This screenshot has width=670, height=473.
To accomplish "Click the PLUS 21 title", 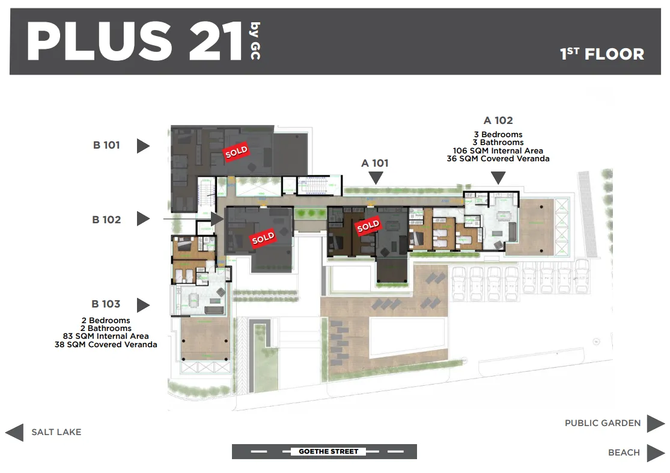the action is (x=135, y=41).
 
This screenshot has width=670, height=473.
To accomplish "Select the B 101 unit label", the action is (x=106, y=145).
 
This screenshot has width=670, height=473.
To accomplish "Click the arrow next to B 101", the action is (x=143, y=146).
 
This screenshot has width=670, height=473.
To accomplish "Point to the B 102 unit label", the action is (x=106, y=220).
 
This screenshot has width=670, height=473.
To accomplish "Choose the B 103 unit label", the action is (x=106, y=304).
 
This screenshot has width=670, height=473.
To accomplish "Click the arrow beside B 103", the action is (x=143, y=305).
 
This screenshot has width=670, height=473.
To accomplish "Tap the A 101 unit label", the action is (x=375, y=163).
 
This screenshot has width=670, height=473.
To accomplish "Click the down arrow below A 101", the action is (x=376, y=178).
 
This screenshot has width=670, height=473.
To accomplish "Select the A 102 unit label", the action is (x=498, y=121).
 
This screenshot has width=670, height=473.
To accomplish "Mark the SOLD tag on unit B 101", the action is (x=236, y=152).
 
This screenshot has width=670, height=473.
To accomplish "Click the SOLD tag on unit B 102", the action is (x=263, y=238).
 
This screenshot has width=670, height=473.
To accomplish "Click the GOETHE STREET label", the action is (x=329, y=451).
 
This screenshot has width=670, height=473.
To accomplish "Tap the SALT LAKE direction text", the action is (x=56, y=432).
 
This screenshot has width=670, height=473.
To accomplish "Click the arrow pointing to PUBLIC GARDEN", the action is (x=656, y=423).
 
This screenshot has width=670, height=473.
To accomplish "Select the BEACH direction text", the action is (x=624, y=453).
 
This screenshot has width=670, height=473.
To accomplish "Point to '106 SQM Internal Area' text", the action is (x=498, y=150).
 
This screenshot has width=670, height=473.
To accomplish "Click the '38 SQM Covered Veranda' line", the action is (x=106, y=345).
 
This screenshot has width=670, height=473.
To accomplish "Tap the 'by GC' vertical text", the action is (x=255, y=41).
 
